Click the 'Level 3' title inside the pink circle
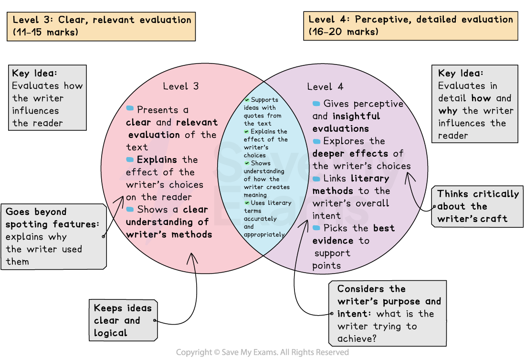coord(180,86)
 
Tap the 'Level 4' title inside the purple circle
coord(325,87)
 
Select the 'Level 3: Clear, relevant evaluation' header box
coord(101,26)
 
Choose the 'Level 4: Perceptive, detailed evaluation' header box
coord(410,26)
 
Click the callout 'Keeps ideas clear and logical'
coord(123,320)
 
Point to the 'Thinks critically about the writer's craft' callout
coord(478,207)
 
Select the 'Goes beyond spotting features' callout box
coord(53,236)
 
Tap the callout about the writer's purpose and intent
coord(387,314)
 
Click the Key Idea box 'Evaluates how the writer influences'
coord(47,98)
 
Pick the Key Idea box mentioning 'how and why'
coord(475,104)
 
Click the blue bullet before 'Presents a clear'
coord(130,109)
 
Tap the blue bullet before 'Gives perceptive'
coord(316,104)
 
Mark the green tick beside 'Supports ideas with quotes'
coord(247,100)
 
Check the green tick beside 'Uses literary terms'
coord(247,203)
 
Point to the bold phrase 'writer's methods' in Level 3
coord(169,234)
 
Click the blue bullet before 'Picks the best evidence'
coord(316,228)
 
